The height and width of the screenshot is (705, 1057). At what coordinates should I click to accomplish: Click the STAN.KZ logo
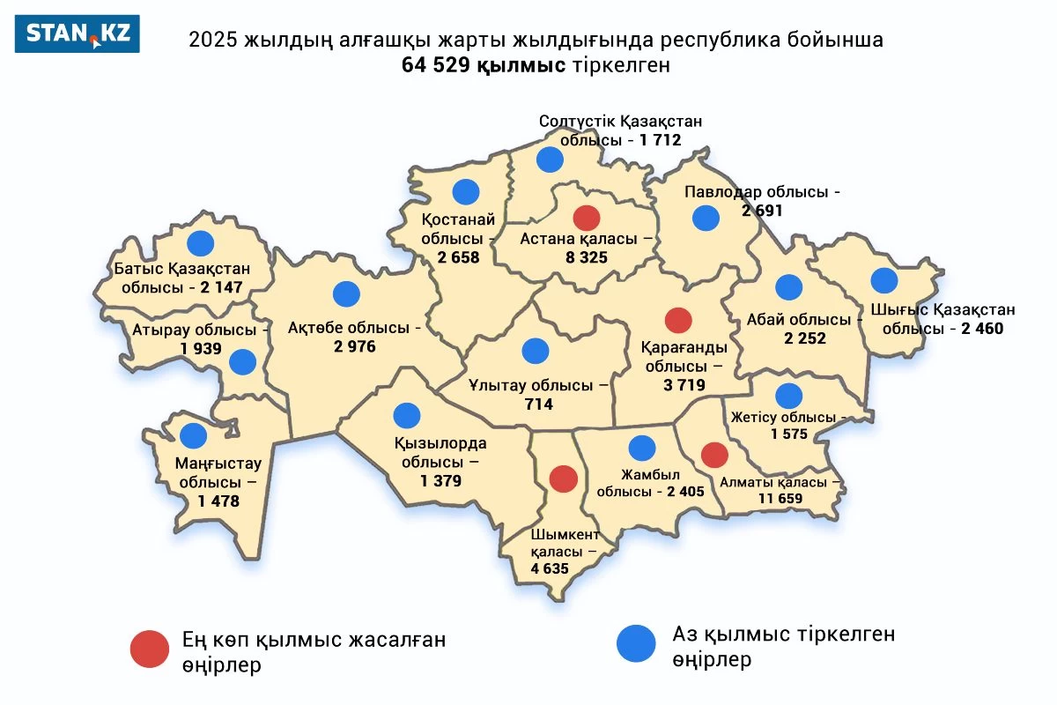tap(78, 33)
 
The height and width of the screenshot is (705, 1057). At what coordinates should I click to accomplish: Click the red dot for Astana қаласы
tap(586, 217)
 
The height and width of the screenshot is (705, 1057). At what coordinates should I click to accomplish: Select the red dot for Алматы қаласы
tap(714, 455)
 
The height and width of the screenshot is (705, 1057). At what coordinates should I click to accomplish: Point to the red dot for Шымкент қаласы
tap(564, 479)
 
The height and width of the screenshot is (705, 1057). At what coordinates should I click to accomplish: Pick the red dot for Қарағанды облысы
tap(678, 320)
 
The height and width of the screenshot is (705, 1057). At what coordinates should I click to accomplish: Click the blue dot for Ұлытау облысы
tap(535, 351)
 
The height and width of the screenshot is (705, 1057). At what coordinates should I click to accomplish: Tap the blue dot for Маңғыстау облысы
tap(193, 434)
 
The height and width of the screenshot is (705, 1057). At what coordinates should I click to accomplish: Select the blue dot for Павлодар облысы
tap(706, 218)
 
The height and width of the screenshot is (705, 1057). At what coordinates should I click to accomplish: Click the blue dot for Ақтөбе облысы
tap(347, 294)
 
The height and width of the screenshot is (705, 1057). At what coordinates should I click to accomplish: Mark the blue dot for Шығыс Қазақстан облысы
tap(883, 280)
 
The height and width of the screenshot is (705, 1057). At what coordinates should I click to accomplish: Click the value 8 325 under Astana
tap(586, 258)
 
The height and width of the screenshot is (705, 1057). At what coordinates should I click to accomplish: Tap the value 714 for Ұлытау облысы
tap(538, 404)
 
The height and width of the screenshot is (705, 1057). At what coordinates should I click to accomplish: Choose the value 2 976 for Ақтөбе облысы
tap(354, 346)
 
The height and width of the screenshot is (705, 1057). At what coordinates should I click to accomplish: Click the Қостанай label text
tap(458, 220)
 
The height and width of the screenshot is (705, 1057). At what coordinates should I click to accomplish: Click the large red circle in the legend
tap(150, 649)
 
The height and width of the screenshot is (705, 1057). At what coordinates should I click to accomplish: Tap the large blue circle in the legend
tap(636, 643)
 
